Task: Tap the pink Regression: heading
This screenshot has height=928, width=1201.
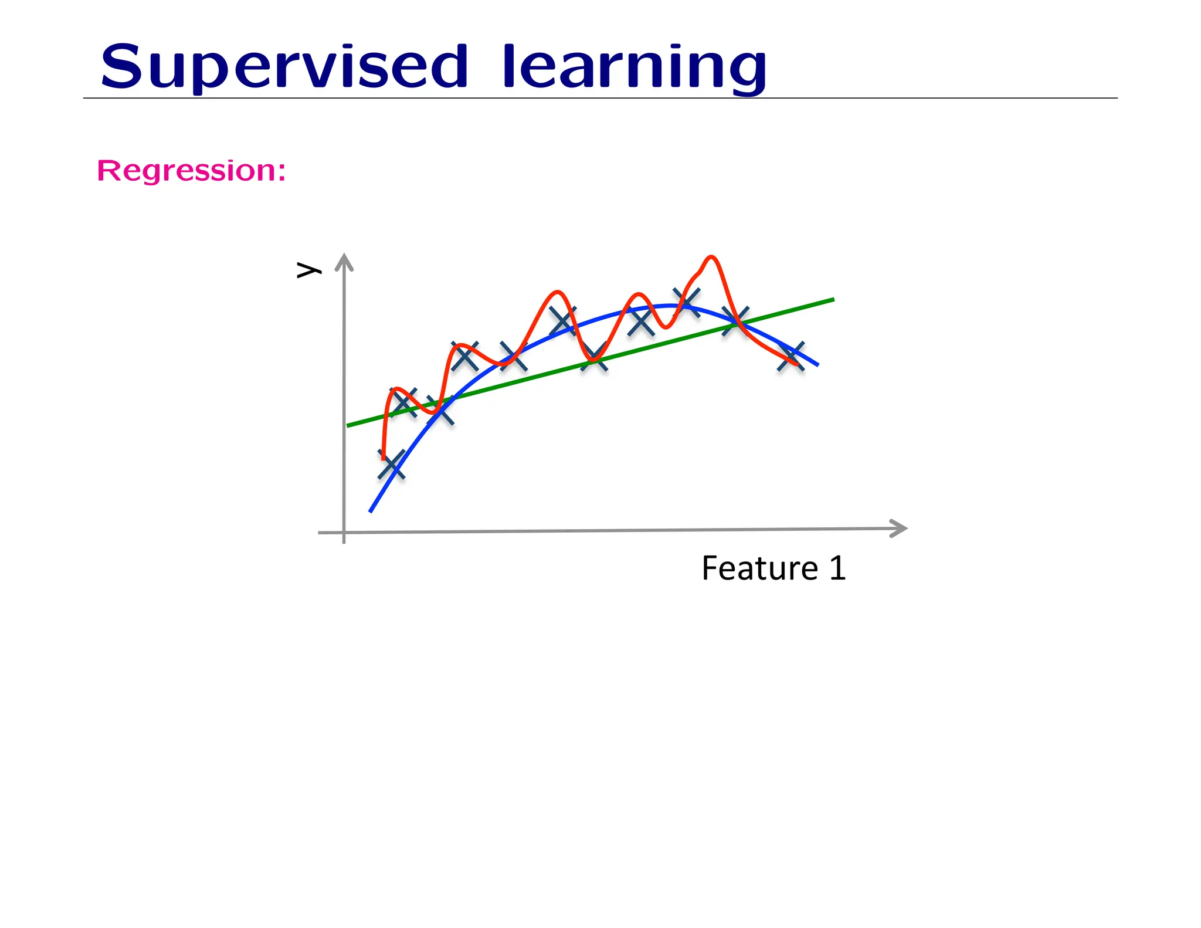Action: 191,171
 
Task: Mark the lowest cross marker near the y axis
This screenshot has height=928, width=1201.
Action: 392,465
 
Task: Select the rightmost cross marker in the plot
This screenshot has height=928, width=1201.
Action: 791,356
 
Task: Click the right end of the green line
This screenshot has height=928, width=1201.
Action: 833,300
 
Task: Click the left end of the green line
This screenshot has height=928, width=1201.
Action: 348,425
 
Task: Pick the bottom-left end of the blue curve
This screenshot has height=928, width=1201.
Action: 371,511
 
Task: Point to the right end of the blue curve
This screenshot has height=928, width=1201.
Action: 817,365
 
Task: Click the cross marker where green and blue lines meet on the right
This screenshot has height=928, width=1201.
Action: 735,320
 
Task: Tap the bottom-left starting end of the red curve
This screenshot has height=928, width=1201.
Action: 384,458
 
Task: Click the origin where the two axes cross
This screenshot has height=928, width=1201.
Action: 344,532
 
